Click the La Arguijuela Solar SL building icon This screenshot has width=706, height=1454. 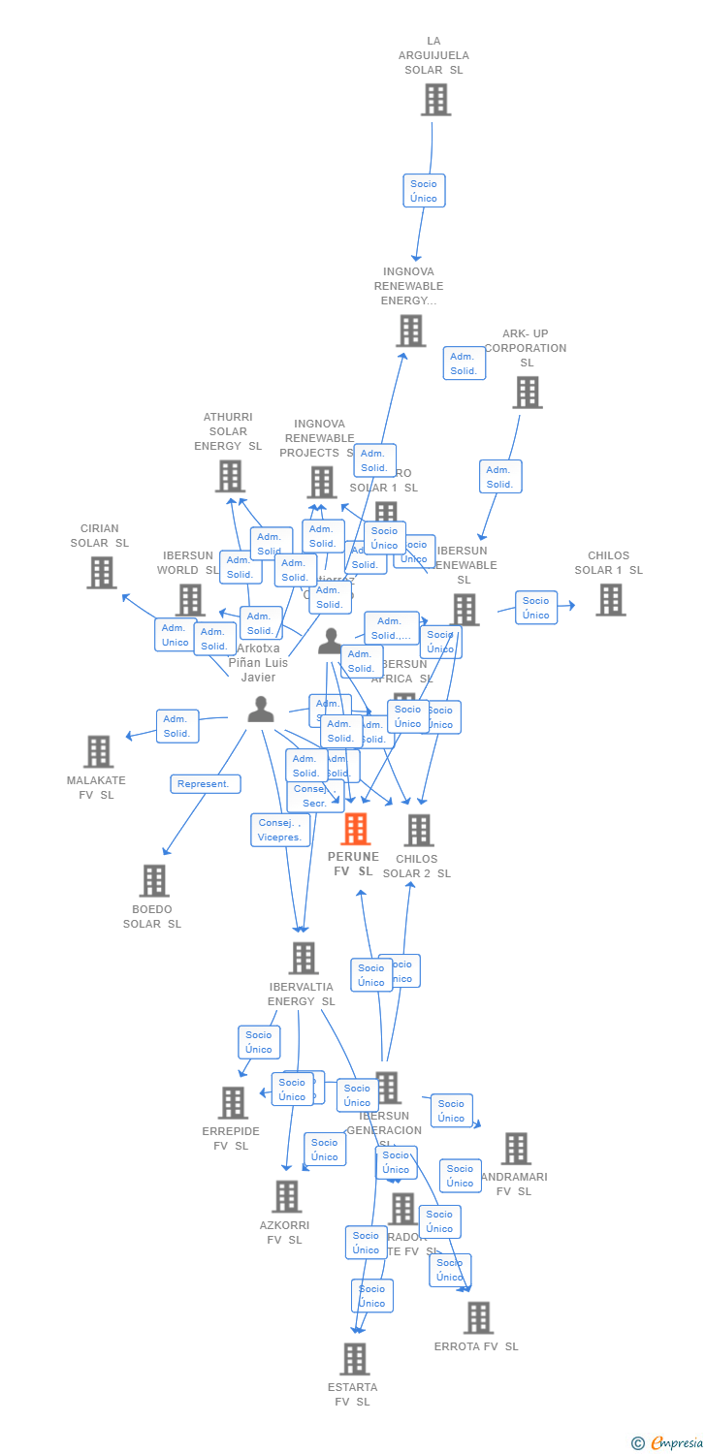pos(435,99)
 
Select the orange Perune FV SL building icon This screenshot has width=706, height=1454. pos(356,829)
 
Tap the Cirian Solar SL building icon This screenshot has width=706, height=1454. pos(102,572)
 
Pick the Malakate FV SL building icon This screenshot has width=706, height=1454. pos(98,751)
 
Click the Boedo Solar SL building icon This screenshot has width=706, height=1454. pos(154,880)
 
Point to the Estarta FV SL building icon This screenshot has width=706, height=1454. pos(355,1358)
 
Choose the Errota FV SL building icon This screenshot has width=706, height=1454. pos(478,1317)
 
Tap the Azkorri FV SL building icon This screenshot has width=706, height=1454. pos(287,1196)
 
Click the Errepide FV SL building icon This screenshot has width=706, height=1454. pos(233,1102)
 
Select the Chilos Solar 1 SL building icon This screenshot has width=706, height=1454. pos(610,599)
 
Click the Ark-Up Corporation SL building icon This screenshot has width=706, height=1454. pos(527,393)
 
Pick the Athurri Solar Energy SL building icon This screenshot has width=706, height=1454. pos(230,476)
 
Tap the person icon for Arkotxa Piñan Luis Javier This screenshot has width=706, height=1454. pos(260,709)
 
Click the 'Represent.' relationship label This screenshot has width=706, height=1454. pos(206,784)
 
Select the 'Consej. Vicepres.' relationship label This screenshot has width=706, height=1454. pos(280,830)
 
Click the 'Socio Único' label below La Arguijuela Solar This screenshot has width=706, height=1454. pos(424,191)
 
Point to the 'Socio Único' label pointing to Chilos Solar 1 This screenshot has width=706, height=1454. pos(536,608)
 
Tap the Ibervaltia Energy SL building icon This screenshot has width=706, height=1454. pos(304,958)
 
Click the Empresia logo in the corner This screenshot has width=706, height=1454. pos(668,1442)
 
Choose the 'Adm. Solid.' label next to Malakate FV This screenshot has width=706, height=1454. pos(177,726)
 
